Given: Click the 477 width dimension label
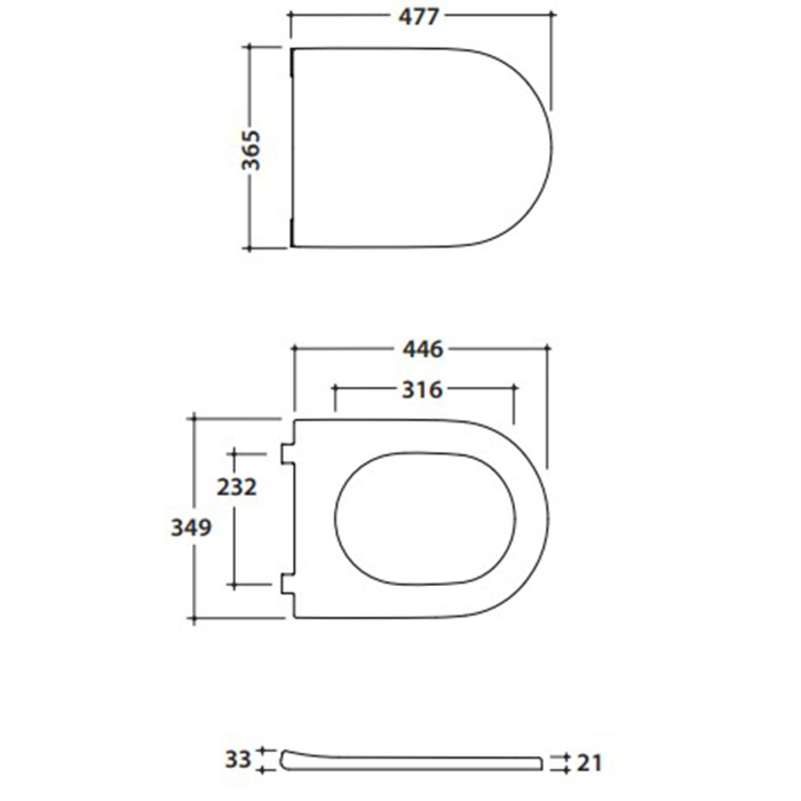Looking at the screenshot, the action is [419, 17].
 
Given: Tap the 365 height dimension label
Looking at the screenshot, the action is [251, 150].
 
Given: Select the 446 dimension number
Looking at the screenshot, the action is [422, 349].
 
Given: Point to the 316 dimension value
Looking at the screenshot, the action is [422, 390].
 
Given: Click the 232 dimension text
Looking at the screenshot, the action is [237, 487].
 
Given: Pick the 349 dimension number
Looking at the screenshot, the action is [192, 527].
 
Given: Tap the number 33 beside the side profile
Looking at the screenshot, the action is [238, 759].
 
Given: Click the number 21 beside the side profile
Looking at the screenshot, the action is [590, 763].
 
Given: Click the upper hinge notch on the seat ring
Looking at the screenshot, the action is [287, 453].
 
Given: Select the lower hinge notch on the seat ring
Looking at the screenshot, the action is [287, 583].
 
